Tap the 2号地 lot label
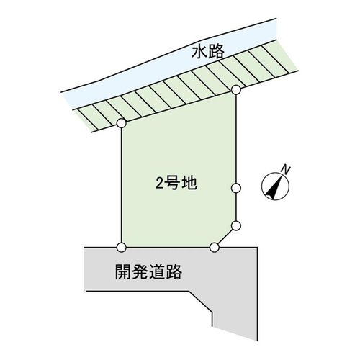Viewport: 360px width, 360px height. (176, 183)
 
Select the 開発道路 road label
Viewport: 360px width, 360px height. (148, 272)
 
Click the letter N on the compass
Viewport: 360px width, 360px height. (286, 170)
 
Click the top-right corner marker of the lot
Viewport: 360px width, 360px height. (236, 90)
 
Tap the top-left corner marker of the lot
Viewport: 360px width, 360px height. (122, 123)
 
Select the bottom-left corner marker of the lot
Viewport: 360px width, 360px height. (122, 247)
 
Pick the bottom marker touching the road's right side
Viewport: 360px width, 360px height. (215, 247)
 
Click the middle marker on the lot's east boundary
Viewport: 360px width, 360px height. (236, 188)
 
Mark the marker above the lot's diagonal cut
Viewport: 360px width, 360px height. (236, 225)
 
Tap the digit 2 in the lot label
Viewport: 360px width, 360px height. (160, 184)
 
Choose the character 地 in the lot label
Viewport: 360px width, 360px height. (190, 183)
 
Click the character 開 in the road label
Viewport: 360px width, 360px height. (123, 272)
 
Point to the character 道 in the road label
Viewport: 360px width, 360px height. (157, 272)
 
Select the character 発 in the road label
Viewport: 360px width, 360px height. (140, 272)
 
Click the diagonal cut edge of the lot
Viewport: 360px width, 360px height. (225, 236)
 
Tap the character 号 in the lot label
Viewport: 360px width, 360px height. (173, 183)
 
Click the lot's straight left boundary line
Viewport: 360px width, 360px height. (122, 185)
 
